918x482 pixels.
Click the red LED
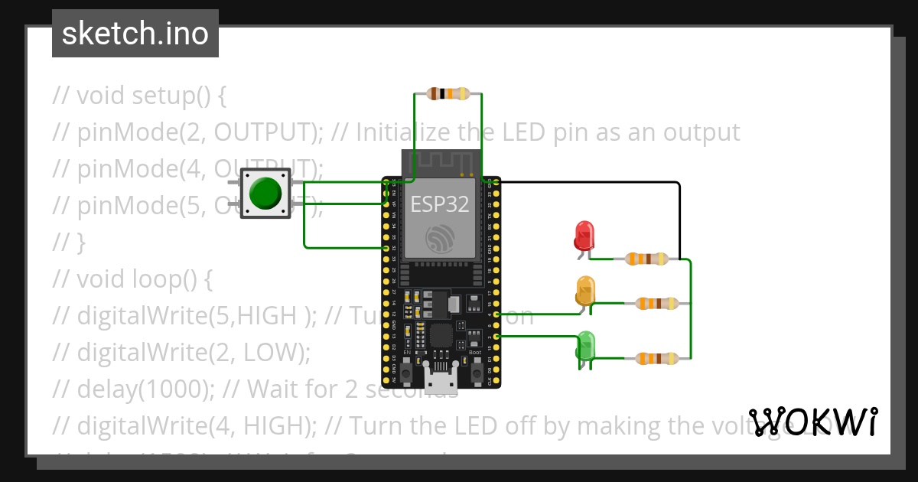pyautogui.click(x=584, y=235)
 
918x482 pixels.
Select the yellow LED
pyautogui.click(x=585, y=291)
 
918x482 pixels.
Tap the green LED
pyautogui.click(x=585, y=345)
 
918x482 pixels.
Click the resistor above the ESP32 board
pyautogui.click(x=448, y=94)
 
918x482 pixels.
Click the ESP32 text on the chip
pyautogui.click(x=440, y=204)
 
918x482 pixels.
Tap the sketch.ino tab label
pyautogui.click(x=135, y=34)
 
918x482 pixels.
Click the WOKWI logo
pyautogui.click(x=812, y=422)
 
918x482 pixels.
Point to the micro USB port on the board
pyautogui.click(x=441, y=379)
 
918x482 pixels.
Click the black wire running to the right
pyautogui.click(x=589, y=183)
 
